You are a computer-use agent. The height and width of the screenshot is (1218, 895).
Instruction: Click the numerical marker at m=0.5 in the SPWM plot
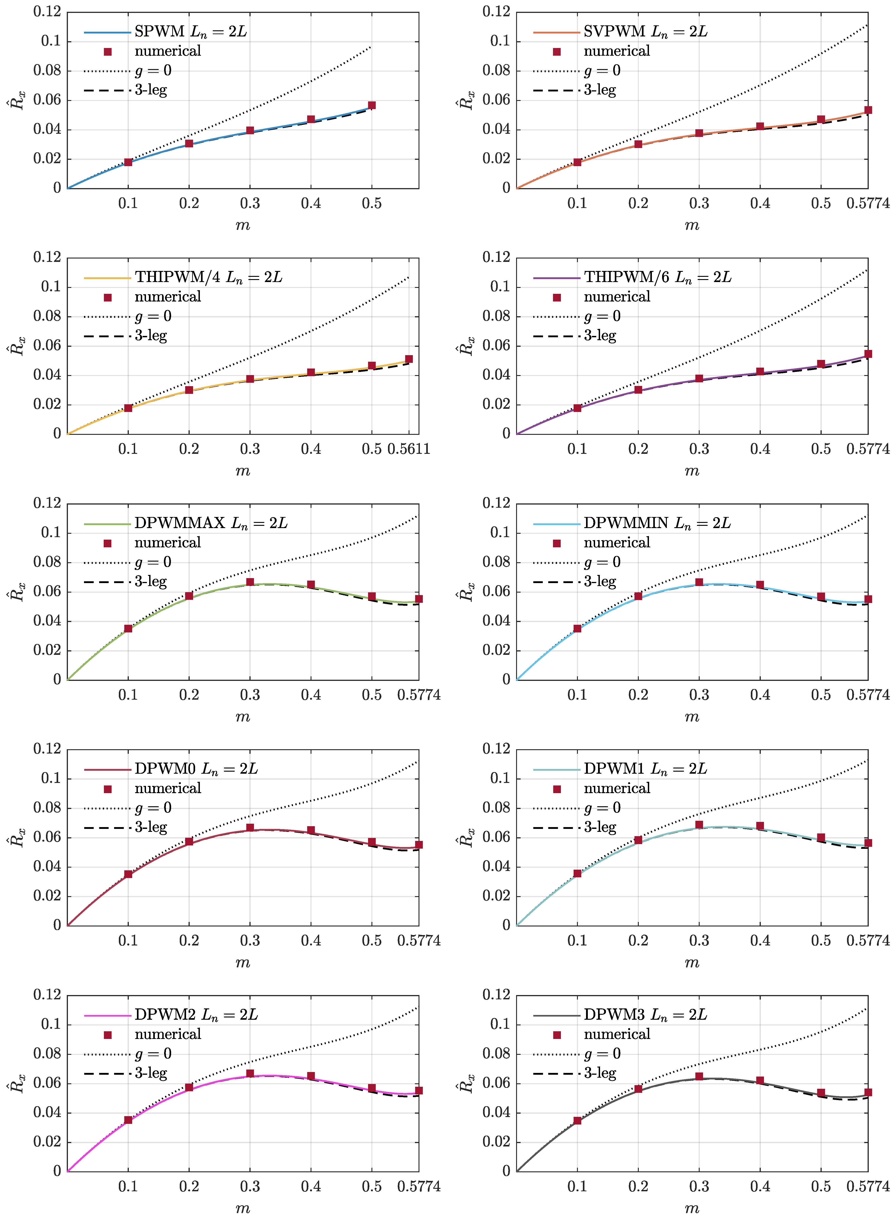[372, 105]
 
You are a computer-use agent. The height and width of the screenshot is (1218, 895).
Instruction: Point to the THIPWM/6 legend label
[657, 278]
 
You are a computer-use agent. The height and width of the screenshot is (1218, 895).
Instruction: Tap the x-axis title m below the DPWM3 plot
[692, 1208]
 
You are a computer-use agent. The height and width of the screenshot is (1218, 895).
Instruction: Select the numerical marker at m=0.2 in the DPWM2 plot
[189, 1087]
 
